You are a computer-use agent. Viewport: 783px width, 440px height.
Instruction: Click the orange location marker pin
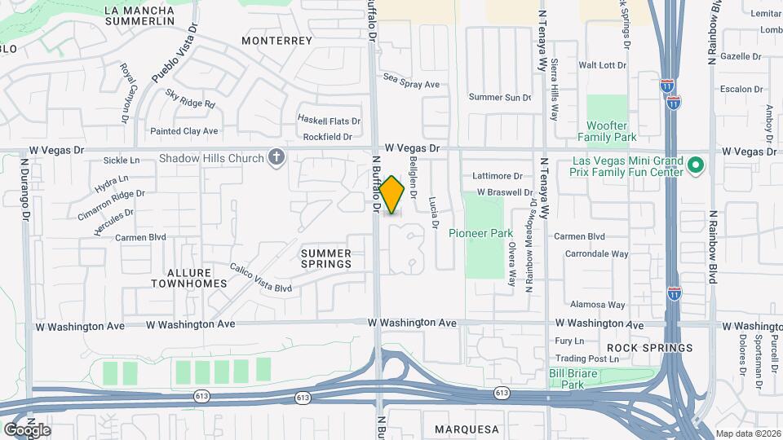point(392,195)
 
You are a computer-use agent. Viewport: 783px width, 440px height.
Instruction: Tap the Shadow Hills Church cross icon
point(276,157)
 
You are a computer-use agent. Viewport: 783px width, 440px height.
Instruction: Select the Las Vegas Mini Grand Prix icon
point(695,165)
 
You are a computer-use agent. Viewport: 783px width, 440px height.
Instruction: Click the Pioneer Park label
point(480,233)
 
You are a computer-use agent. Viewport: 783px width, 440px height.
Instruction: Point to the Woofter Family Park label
point(608,131)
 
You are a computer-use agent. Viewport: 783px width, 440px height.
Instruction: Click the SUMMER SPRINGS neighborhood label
point(325,258)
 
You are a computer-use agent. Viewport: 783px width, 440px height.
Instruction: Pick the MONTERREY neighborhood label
point(277,40)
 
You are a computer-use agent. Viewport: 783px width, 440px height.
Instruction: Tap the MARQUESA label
point(467,429)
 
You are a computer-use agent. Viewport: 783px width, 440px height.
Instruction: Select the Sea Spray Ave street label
point(412,84)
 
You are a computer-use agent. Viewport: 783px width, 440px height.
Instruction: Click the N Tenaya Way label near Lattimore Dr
point(542,187)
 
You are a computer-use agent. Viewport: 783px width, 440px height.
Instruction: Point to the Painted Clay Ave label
point(184,130)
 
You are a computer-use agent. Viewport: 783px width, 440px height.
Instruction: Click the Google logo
point(27,429)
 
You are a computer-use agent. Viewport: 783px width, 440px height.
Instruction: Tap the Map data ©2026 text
point(746,433)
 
